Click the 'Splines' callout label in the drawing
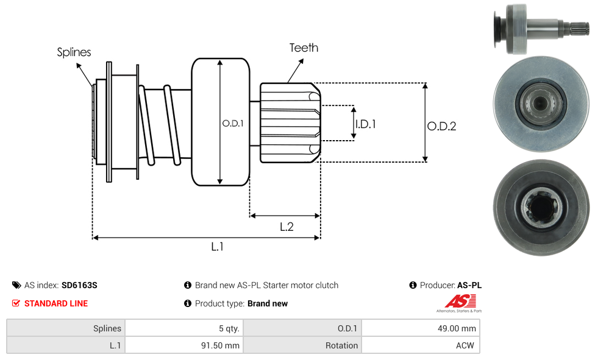(74, 52)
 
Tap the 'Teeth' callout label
(303, 48)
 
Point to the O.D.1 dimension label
(232, 123)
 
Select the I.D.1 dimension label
(365, 124)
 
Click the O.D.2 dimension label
(441, 127)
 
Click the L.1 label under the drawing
(217, 247)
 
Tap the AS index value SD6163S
(79, 285)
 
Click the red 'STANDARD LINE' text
(55, 303)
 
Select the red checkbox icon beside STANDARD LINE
(16, 303)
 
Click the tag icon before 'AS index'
(16, 285)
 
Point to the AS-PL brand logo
(459, 302)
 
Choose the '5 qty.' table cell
(183, 328)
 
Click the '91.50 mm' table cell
(183, 345)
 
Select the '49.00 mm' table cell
(421, 328)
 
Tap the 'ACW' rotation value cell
(421, 345)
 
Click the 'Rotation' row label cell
(302, 345)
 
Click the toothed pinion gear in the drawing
(290, 123)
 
